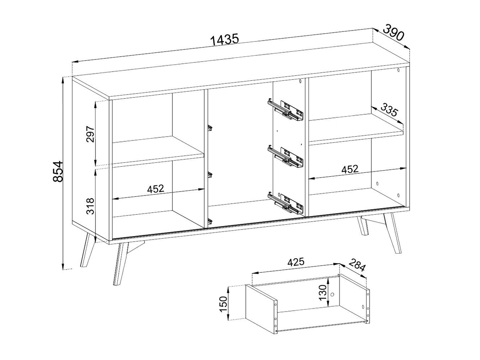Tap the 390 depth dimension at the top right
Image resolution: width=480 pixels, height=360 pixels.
click(393, 32)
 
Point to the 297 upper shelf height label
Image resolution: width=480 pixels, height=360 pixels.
click(91, 134)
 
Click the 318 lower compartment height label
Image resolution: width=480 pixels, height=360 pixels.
click(91, 206)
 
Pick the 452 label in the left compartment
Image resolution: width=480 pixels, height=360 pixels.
click(156, 189)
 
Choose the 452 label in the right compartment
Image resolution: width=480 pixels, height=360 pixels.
click(349, 169)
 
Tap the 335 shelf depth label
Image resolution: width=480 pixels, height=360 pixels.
click(389, 110)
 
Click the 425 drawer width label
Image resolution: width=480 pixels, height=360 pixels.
click(295, 262)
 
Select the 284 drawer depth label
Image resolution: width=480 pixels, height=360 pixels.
click(357, 265)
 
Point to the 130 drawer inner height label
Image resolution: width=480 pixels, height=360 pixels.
click(322, 293)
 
